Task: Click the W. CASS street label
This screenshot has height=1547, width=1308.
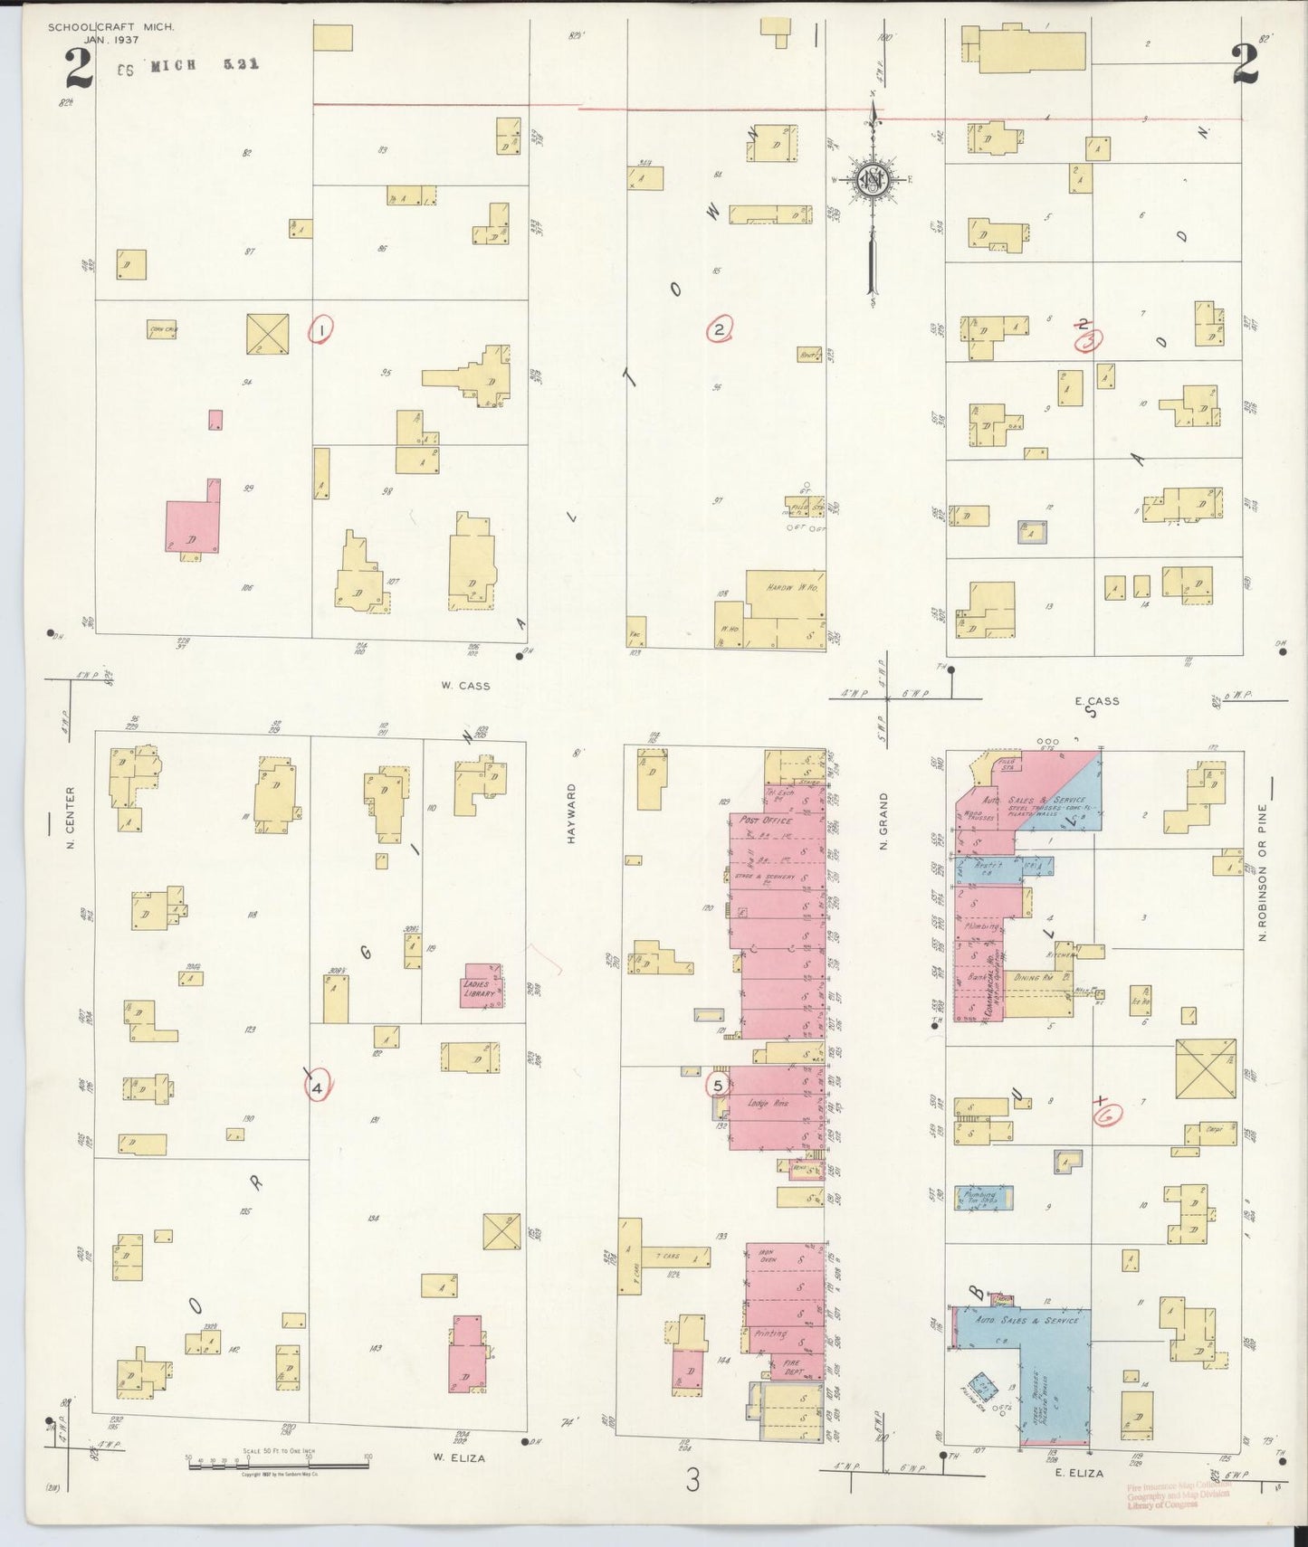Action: [x=466, y=686]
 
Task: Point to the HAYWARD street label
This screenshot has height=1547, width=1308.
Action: [x=571, y=814]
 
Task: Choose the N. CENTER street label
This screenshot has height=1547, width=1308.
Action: [x=70, y=818]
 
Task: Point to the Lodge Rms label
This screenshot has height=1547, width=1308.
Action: [x=769, y=1103]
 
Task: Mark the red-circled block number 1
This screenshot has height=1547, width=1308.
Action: [x=321, y=330]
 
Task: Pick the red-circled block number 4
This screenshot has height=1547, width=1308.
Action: [x=318, y=1088]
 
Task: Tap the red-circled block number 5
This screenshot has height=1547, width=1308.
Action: [x=718, y=1085]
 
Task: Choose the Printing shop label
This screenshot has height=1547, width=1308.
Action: [x=770, y=1333]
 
